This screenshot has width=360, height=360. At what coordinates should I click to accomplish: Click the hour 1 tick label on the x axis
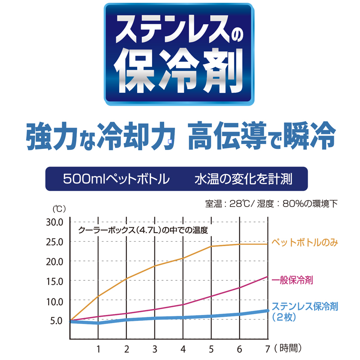[98, 348]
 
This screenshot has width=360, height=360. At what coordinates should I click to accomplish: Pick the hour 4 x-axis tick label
[183, 348]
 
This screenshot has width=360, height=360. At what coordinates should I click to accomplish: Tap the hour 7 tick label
[267, 348]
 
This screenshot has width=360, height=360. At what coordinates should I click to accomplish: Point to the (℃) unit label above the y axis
[59, 209]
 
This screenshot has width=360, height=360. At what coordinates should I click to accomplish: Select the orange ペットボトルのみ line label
[305, 243]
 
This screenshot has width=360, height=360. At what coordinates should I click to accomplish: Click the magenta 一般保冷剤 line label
[293, 280]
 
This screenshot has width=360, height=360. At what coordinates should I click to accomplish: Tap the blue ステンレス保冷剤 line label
[305, 306]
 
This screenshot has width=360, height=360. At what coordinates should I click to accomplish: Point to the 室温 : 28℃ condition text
[229, 203]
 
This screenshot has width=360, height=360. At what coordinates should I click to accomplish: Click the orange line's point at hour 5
[211, 246]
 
